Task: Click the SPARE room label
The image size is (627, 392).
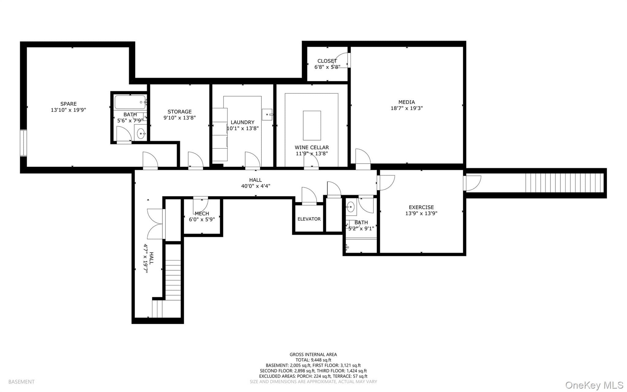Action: point(68,104)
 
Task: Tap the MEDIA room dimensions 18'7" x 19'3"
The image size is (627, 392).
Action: point(407,108)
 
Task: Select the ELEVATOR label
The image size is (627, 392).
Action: point(309,219)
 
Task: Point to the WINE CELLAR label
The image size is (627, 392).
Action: point(312,147)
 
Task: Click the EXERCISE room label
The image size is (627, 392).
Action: point(421,207)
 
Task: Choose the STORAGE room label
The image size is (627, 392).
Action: point(179,112)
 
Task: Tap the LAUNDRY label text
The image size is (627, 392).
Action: point(242,122)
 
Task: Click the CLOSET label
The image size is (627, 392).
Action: point(327,61)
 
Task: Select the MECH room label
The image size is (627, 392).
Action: point(202,214)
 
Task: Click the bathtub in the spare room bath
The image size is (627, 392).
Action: point(130,102)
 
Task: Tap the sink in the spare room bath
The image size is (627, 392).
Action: point(141,133)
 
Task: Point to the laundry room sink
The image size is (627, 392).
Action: point(267,114)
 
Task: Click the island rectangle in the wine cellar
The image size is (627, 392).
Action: point(312,125)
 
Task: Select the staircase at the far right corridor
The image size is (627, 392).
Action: point(565,183)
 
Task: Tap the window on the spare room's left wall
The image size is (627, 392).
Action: point(23,143)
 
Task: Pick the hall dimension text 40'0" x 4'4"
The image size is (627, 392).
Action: point(256,186)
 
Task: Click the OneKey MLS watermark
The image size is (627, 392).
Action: point(594,385)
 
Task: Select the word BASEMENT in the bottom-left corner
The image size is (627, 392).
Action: point(21,382)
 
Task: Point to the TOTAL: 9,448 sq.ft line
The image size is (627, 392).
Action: point(313,360)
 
